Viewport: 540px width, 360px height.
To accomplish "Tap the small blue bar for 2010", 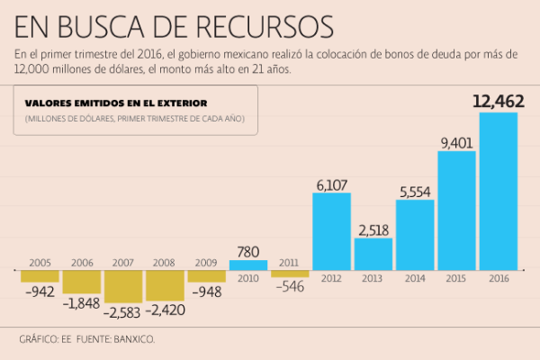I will click(x=248, y=265).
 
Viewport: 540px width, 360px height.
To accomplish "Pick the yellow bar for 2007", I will click(x=123, y=286).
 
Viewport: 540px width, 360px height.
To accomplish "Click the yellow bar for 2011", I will click(x=290, y=273).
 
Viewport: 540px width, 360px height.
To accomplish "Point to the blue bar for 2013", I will click(x=373, y=253).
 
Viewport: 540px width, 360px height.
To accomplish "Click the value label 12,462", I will click(x=498, y=102).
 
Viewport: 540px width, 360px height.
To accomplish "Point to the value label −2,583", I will click(x=123, y=311).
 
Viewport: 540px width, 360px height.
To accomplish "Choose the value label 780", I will click(x=248, y=250).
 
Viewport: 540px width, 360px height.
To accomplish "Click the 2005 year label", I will click(x=40, y=263).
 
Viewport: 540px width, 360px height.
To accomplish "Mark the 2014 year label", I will click(x=415, y=279).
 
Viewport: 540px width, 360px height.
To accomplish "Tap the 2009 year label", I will click(x=206, y=263).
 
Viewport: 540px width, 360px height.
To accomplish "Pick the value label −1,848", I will click(x=83, y=303).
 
